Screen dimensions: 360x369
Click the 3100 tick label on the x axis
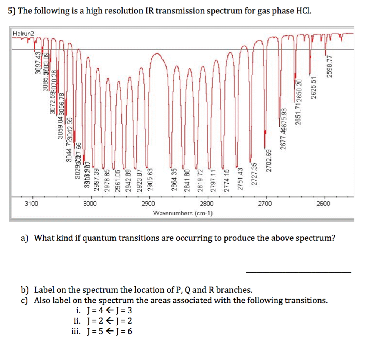coord(32,204)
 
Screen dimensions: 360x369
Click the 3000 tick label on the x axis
coord(90,204)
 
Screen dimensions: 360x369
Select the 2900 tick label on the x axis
coord(149,204)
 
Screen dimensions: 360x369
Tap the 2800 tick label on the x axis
coord(207,204)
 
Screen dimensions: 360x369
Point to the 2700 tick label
coord(266,204)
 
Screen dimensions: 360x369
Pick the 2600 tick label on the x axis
coord(324,204)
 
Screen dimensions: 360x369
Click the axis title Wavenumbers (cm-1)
coord(183,213)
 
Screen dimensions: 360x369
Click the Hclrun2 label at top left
coord(23,34)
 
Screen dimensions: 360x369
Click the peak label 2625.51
coord(314,88)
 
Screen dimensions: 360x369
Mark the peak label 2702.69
coord(267,160)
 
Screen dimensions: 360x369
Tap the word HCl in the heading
coord(302,11)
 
